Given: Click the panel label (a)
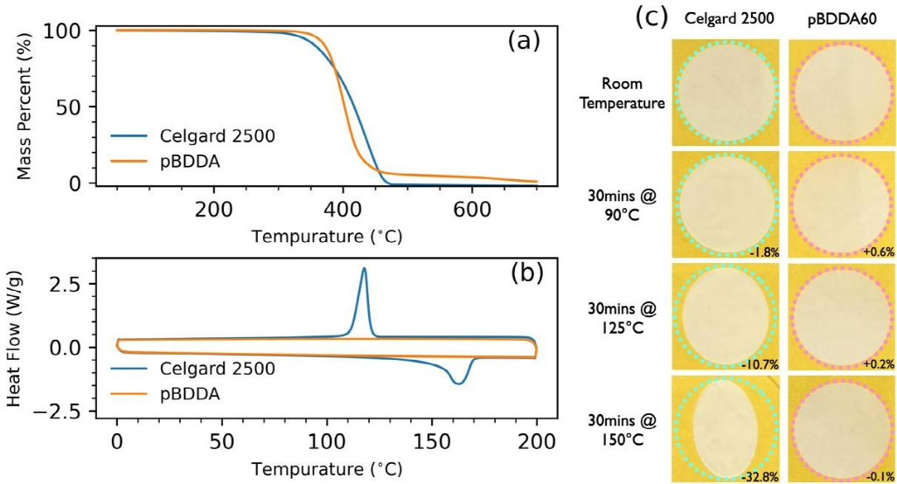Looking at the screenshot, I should (525, 40).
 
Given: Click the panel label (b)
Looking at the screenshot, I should (525, 273).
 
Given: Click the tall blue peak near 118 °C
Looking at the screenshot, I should (364, 270).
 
